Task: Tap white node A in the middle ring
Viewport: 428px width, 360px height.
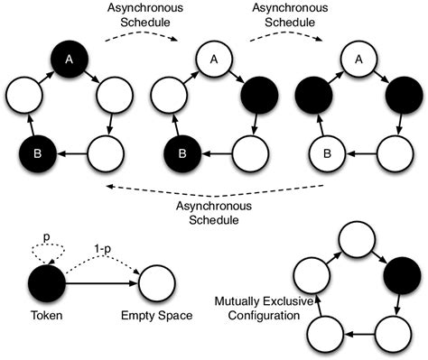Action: (215, 60)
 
